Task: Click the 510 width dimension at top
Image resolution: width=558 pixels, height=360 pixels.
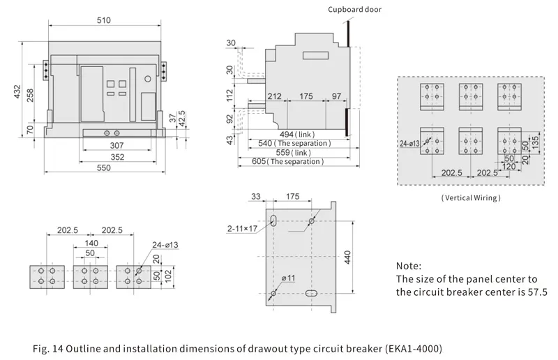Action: click(x=103, y=20)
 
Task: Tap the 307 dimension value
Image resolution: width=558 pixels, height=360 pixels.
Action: click(x=117, y=144)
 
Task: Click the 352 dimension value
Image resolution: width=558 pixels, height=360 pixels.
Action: click(x=117, y=157)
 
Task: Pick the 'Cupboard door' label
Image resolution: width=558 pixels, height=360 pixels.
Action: click(x=355, y=8)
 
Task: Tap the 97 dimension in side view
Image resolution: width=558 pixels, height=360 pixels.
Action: click(x=336, y=96)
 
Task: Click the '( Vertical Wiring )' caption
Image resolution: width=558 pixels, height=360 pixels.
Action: click(x=470, y=198)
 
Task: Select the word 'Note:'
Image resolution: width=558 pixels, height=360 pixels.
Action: click(x=408, y=266)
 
